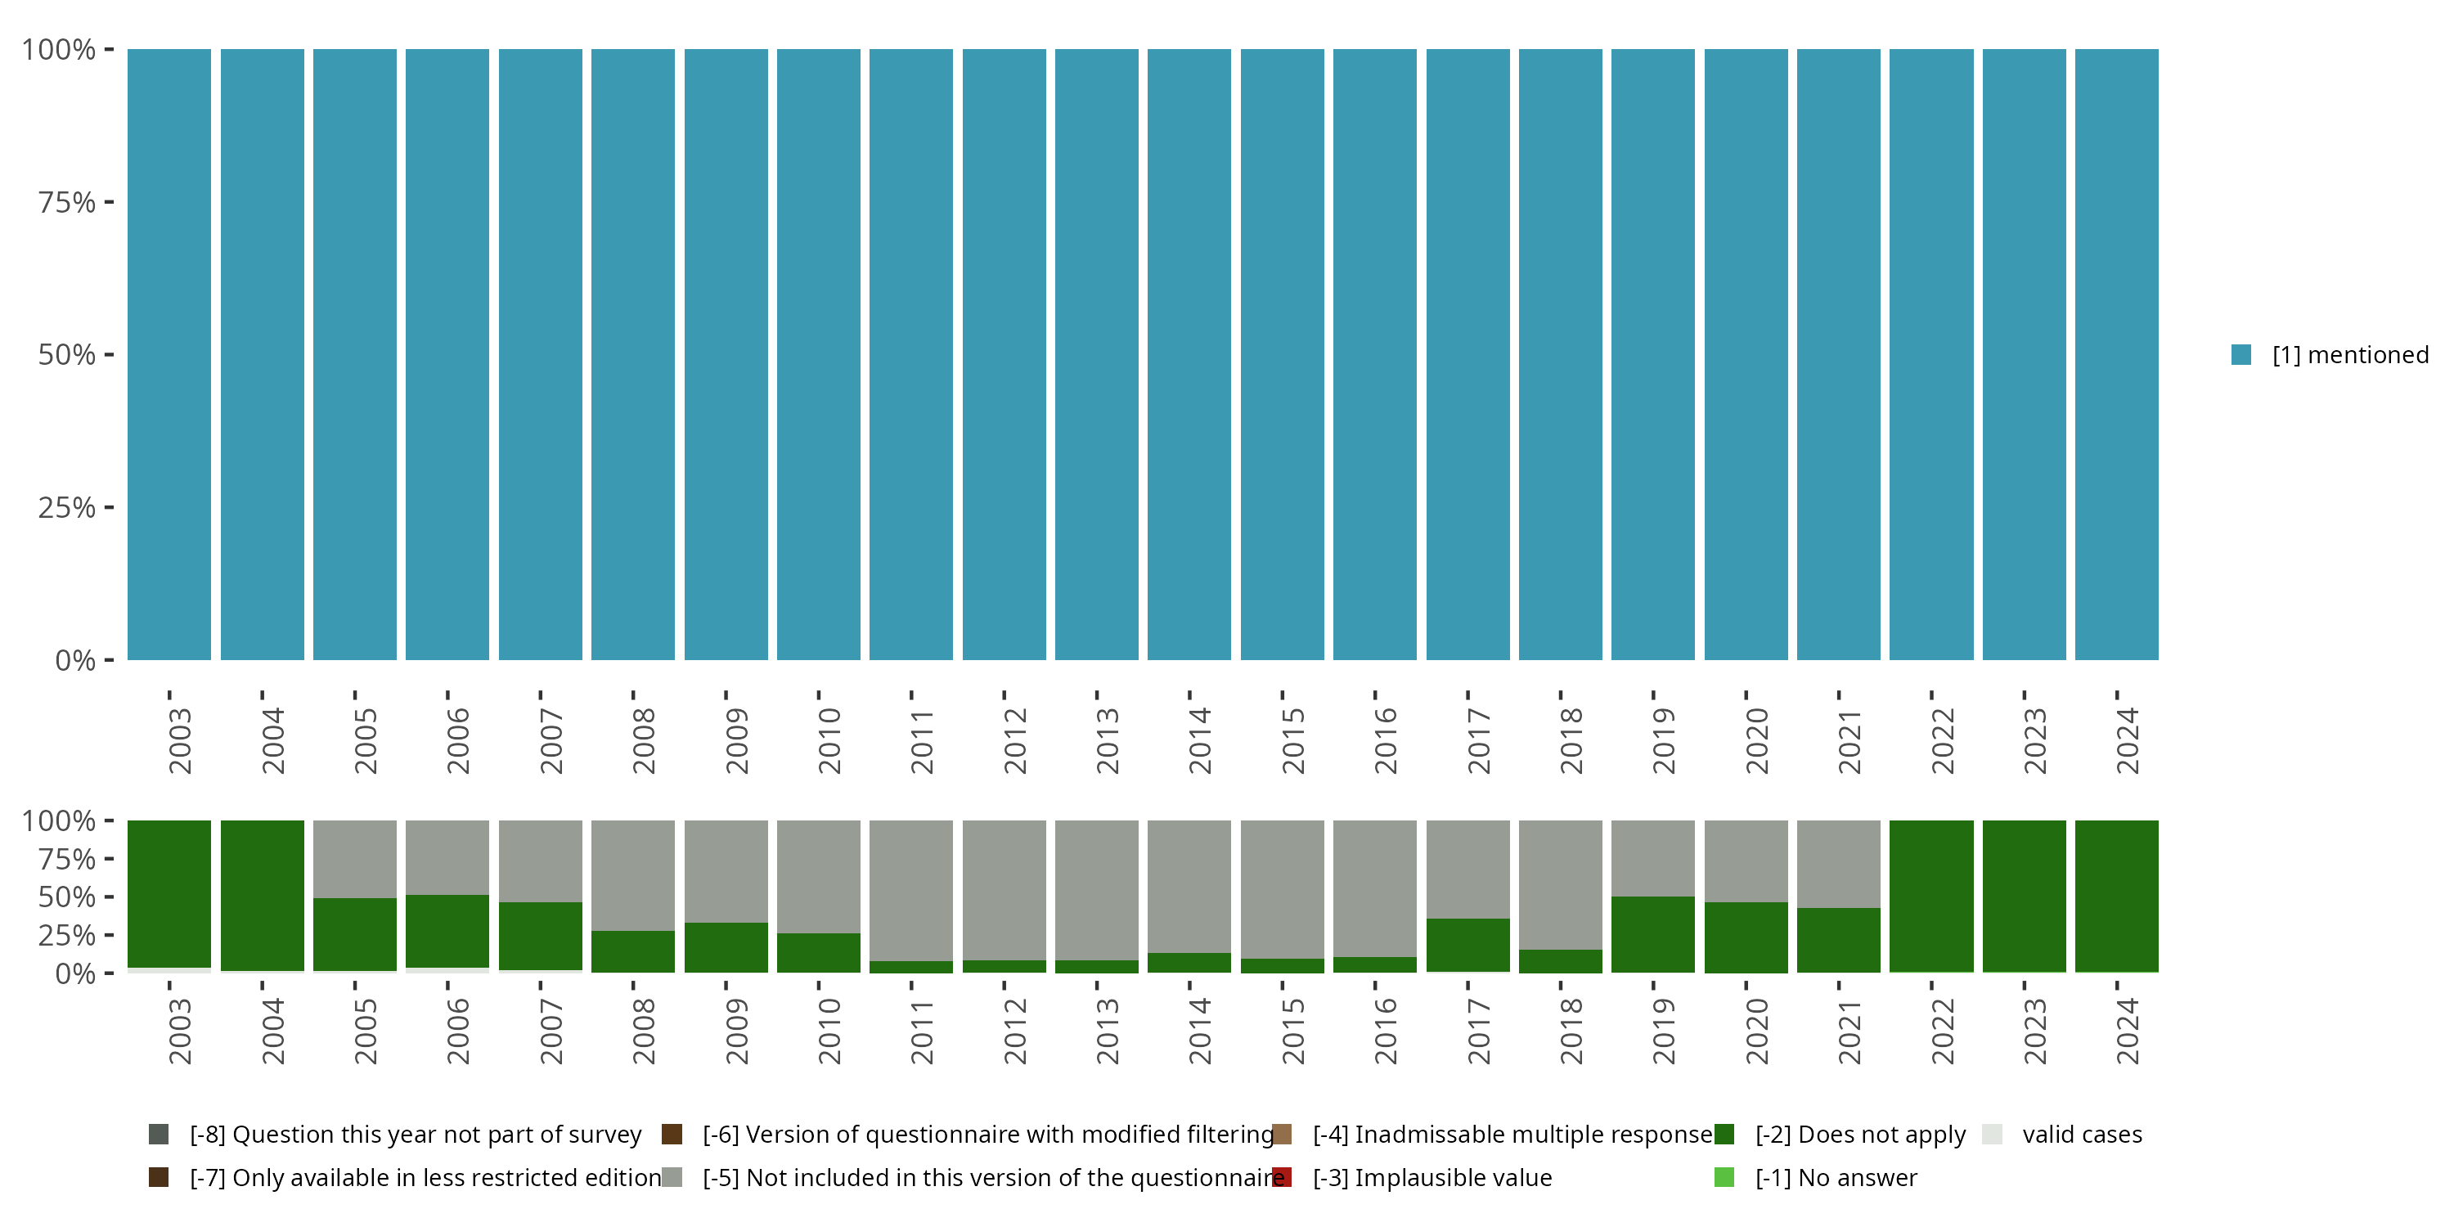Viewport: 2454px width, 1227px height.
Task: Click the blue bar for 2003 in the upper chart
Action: pyautogui.click(x=169, y=354)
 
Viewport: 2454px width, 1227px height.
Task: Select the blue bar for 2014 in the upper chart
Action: pyautogui.click(x=1189, y=354)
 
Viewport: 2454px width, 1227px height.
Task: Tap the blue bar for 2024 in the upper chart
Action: pyautogui.click(x=2117, y=354)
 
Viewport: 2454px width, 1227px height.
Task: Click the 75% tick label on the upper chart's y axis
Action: pyautogui.click(x=67, y=202)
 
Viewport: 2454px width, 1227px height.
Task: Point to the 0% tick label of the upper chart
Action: pyautogui.click(x=75, y=660)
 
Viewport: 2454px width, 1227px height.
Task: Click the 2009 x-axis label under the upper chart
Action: pyautogui.click(x=736, y=740)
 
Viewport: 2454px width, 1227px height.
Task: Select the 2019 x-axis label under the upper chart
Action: pyautogui.click(x=1663, y=740)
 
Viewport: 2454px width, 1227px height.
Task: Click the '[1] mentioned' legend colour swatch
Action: pyautogui.click(x=2241, y=354)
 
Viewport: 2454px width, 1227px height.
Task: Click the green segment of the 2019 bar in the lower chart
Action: pyautogui.click(x=1653, y=933)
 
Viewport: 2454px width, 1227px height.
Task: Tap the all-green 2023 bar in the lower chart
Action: pyautogui.click(x=2025, y=896)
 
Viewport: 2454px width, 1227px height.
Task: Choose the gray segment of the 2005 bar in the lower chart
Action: pyautogui.click(x=354, y=858)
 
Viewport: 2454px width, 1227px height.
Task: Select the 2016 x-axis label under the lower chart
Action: pyautogui.click(x=1385, y=1031)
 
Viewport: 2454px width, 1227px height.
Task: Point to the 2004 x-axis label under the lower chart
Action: pyautogui.click(x=273, y=1031)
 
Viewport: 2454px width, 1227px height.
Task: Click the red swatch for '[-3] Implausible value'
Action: pyautogui.click(x=1283, y=1177)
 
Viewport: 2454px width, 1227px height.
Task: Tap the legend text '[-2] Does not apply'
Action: pyautogui.click(x=1859, y=1135)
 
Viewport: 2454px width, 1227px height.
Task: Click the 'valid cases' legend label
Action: pyautogui.click(x=2082, y=1135)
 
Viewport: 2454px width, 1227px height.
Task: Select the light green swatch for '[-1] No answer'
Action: pyautogui.click(x=1724, y=1177)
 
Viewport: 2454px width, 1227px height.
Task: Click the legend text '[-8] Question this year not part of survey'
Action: pyautogui.click(x=416, y=1135)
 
